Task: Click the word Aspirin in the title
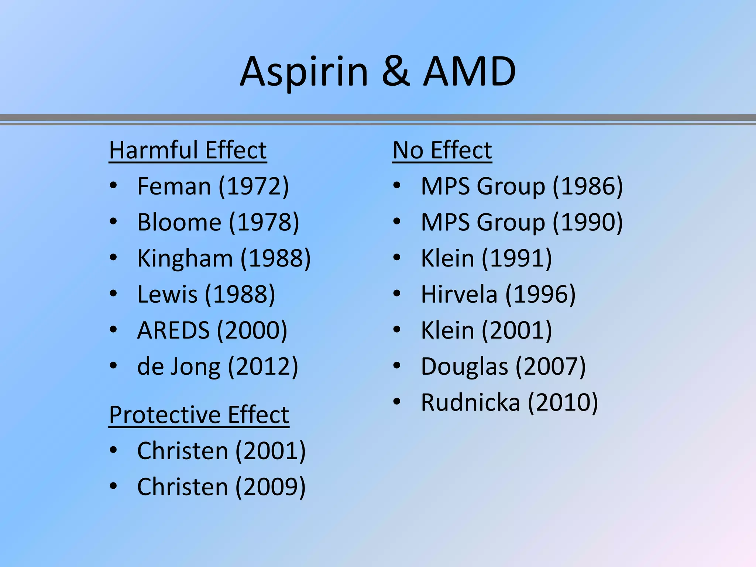coord(304,72)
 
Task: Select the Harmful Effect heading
coord(188,150)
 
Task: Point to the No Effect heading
coord(442,150)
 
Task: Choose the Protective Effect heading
coord(199,415)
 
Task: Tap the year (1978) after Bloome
coord(264,222)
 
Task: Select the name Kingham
coord(185,258)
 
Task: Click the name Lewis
coord(167,294)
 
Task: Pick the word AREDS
coord(173,330)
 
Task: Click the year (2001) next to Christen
coord(271,451)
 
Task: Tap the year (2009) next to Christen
coord(271,487)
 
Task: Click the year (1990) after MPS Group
coord(588,222)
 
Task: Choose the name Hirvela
coord(459,294)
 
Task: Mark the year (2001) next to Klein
coord(517,330)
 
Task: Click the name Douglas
coord(464,366)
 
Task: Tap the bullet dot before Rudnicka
coord(397,402)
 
